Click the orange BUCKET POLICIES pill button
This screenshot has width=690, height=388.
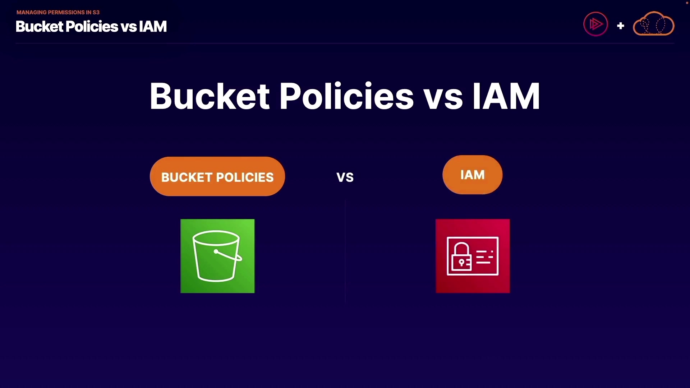point(217,176)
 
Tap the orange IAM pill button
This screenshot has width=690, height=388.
point(472,175)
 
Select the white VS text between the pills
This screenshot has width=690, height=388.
point(345,177)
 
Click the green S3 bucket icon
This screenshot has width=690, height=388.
point(217,256)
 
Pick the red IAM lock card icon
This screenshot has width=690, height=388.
point(473,256)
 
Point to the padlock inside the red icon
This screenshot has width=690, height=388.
point(461,257)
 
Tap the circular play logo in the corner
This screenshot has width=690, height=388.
point(595,24)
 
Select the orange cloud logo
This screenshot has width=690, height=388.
point(653,24)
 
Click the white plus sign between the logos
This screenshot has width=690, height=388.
point(620,26)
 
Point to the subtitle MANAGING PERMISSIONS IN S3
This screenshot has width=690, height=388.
point(58,12)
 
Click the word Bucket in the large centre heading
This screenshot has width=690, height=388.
point(210,96)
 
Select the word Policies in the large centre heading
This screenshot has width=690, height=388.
point(346,96)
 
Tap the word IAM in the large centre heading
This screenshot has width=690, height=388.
point(506,96)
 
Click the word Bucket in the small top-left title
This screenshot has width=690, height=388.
point(40,27)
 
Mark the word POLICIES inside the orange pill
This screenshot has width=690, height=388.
point(245,177)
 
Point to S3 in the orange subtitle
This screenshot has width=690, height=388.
point(96,12)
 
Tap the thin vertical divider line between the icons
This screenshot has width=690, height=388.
point(345,251)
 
